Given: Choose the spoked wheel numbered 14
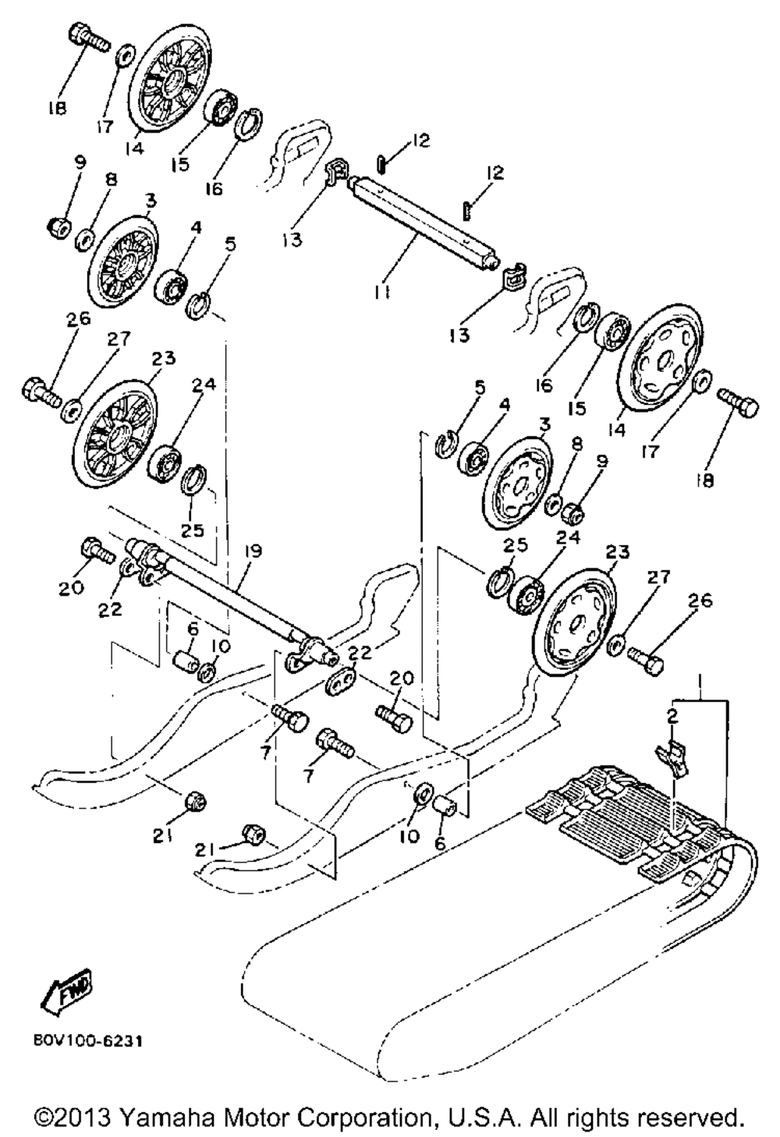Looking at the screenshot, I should click(169, 80).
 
